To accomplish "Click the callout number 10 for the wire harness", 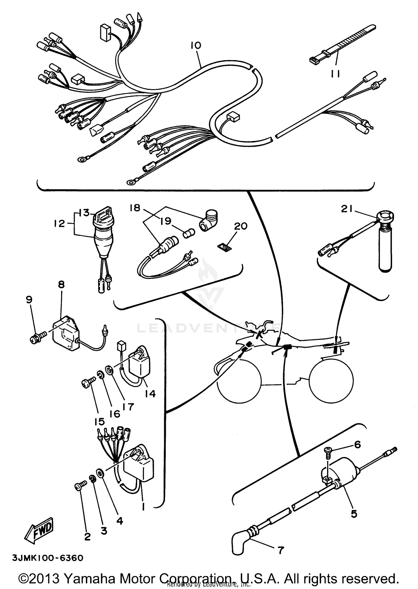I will (196, 45).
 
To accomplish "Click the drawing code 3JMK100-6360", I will (48, 558).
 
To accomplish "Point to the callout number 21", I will (347, 209).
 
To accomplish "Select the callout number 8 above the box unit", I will (61, 284).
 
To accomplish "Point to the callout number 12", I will (59, 224).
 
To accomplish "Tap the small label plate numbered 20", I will (225, 247).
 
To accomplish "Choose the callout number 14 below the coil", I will (150, 394).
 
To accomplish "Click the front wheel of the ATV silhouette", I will (239, 381).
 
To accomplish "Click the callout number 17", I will (128, 406).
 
